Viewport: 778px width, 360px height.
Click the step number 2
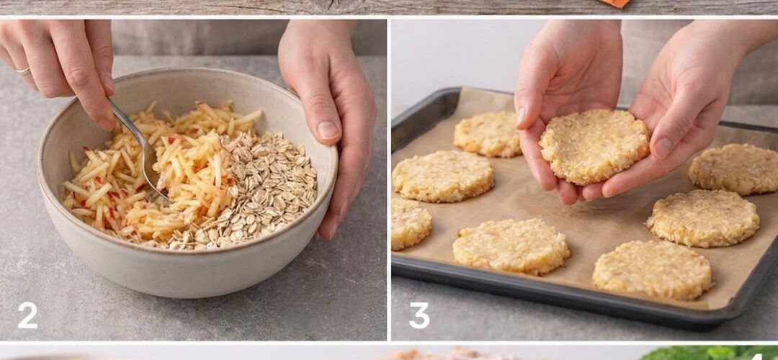coord(27,316)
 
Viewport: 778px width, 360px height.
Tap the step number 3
coord(419,316)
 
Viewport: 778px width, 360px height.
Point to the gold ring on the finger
coord(23,71)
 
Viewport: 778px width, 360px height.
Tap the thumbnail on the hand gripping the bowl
coord(328,130)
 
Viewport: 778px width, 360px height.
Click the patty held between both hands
coord(594,145)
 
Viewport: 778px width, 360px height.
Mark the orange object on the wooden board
coord(616,4)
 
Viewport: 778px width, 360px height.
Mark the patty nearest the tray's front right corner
coord(653,270)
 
